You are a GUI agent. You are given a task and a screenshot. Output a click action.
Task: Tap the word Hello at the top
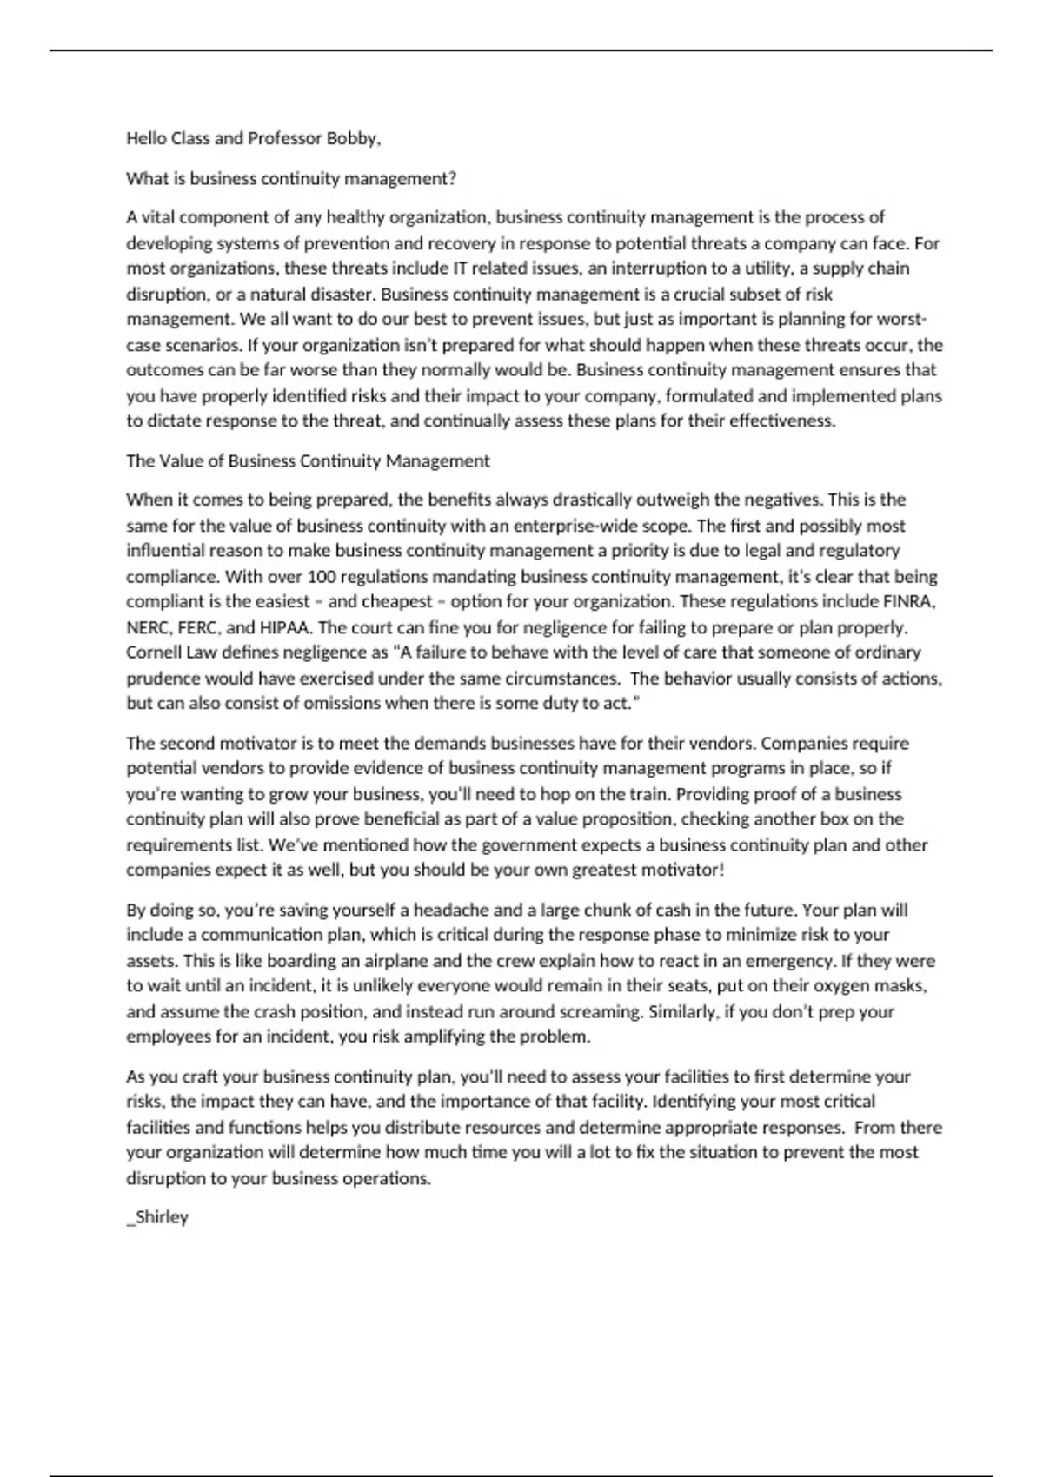point(146,138)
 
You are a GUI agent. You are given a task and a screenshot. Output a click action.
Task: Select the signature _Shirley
point(157,1216)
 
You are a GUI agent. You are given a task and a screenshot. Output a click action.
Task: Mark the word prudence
point(159,678)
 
